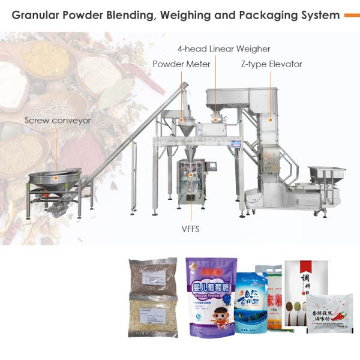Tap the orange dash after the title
[x=351, y=16]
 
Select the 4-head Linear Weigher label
[x=223, y=49]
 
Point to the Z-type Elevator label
[x=271, y=64]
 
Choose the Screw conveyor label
[x=58, y=120]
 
